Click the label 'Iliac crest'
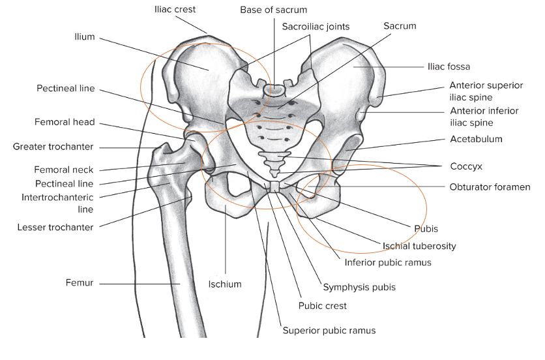coord(175,10)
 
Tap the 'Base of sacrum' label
coord(273,10)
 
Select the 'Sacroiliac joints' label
coord(316,27)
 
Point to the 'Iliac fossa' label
coord(449,66)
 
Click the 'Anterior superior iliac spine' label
coord(486,91)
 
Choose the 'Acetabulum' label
coord(476,139)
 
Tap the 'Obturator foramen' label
coord(490,187)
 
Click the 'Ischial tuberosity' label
coord(419,246)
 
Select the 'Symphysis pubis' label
coord(359,286)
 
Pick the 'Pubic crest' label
coord(322,305)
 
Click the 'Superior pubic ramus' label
coord(329,330)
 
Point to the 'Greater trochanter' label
coord(53,147)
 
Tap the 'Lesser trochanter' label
coord(56,227)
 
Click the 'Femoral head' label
coord(65,122)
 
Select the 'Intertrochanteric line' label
coord(57,203)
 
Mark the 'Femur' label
coord(80,283)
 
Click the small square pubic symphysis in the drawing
coord(276,188)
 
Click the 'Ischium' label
coord(225,284)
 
